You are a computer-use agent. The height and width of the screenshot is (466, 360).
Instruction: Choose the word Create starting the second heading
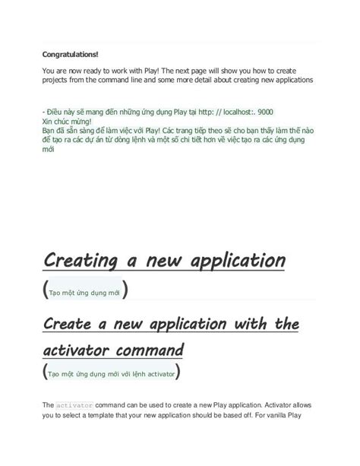tap(71, 325)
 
